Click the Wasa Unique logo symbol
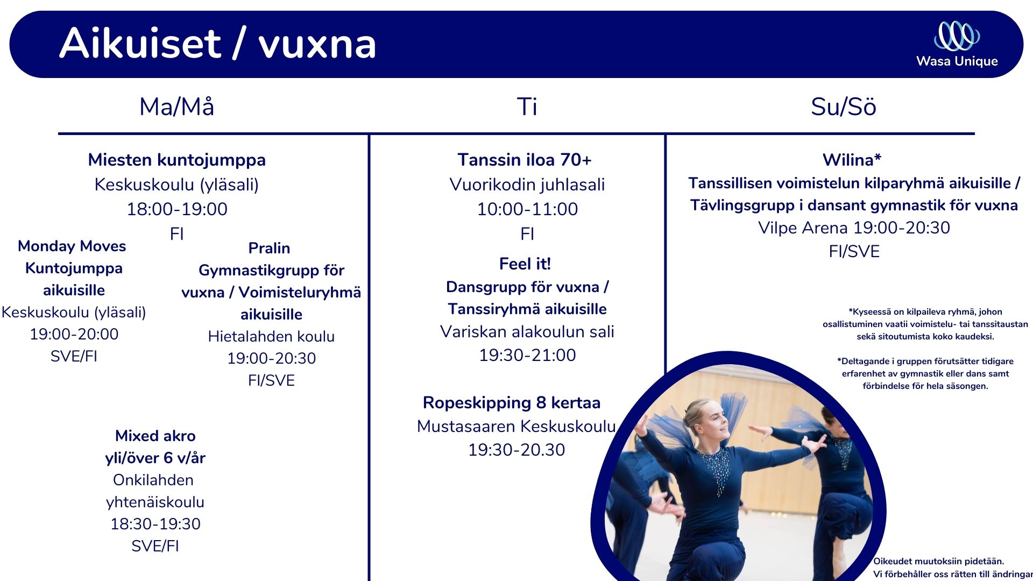(x=957, y=36)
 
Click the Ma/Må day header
(x=177, y=107)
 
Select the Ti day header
(x=527, y=107)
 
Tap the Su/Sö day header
(x=843, y=107)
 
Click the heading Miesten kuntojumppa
(x=177, y=160)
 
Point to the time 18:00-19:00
(x=177, y=209)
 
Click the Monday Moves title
(x=72, y=246)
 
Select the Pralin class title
(x=269, y=248)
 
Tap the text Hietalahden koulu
(x=271, y=336)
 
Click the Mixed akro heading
(x=155, y=436)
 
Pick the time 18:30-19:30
(x=155, y=524)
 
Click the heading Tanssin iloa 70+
(x=525, y=160)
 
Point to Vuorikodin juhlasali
(x=527, y=185)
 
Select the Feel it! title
(x=525, y=264)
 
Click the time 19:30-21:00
(x=527, y=355)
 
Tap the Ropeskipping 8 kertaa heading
(x=512, y=402)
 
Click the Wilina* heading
(x=852, y=160)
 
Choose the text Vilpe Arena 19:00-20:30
(x=854, y=228)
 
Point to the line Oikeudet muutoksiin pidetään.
(x=939, y=562)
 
